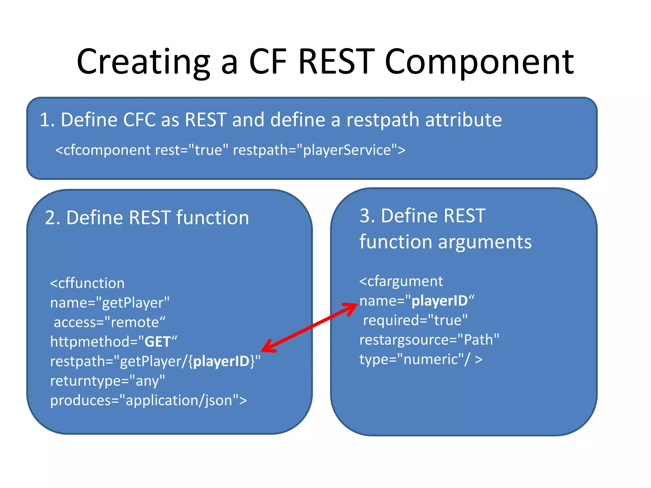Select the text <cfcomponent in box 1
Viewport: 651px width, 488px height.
point(104,150)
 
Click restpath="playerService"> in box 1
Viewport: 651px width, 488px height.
point(319,150)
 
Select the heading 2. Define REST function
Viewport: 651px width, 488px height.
point(147,218)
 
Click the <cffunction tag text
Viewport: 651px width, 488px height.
point(87,283)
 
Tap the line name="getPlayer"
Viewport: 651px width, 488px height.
point(110,303)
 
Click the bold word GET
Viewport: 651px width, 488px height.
point(158,342)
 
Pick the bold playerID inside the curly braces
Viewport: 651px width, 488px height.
point(221,362)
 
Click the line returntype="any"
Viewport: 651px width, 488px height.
point(107,381)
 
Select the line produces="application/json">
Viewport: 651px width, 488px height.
point(148,400)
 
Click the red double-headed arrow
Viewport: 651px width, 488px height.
point(310,327)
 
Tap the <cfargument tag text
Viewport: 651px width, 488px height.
point(401,281)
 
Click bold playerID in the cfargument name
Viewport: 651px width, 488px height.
point(439,301)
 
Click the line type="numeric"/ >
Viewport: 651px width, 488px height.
point(421,359)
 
